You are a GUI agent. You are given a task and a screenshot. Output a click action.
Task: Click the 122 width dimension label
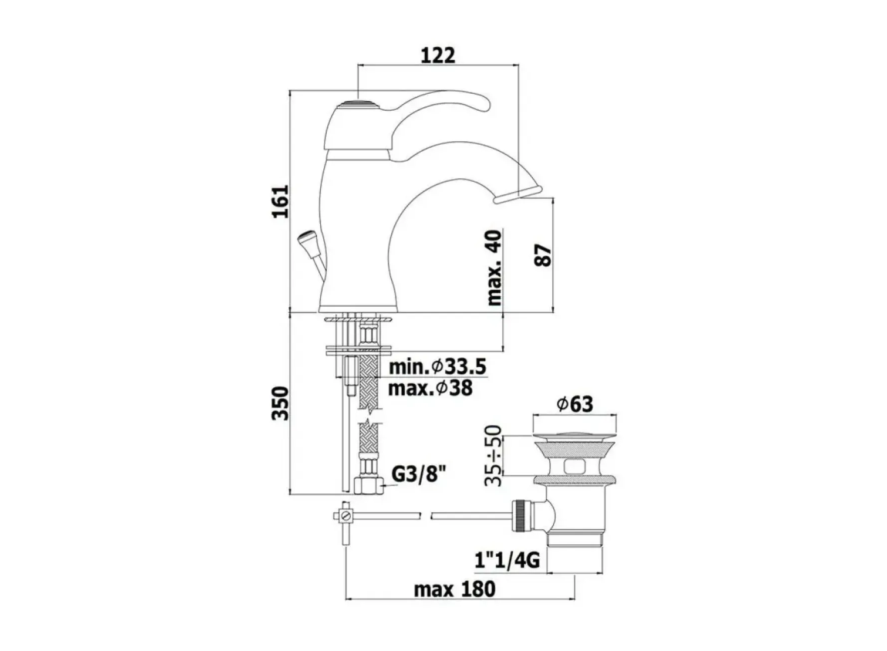tap(438, 55)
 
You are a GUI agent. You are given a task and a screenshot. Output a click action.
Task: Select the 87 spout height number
tap(544, 255)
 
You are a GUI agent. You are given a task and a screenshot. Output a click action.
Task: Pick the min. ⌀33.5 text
tap(438, 367)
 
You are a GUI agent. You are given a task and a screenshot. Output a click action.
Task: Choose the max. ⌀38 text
tap(430, 388)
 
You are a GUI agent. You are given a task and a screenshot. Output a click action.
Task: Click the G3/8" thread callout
tap(418, 474)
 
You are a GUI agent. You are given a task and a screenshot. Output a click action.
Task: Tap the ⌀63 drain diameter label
tap(575, 404)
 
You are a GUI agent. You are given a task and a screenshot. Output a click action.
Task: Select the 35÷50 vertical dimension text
tap(493, 455)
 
